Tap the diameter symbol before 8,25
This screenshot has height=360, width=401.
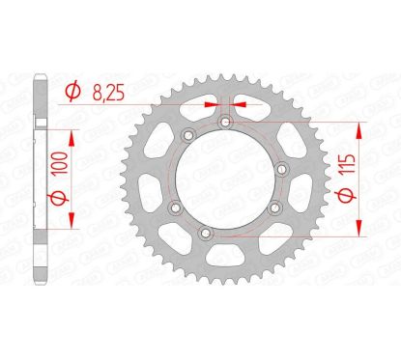coord(73,93)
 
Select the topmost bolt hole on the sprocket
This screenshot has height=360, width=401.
coord(225,122)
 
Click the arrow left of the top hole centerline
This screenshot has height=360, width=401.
coord(211,104)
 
